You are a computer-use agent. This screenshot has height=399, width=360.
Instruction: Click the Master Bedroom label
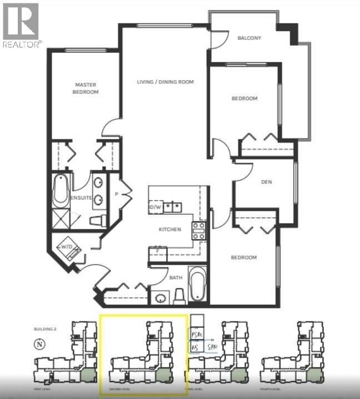(86, 88)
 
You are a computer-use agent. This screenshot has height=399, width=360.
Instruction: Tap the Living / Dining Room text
(165, 82)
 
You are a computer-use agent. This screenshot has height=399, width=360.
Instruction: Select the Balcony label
(249, 38)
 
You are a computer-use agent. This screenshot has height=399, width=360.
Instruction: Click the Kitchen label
(169, 229)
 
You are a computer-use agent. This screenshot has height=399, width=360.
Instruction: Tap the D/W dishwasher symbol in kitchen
(156, 207)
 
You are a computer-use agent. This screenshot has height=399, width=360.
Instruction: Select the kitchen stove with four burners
(199, 230)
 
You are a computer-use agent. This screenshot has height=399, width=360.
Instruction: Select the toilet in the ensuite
(98, 221)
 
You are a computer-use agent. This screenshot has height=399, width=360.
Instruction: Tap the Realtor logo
(21, 25)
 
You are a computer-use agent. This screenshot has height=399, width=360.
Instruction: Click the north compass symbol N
(39, 343)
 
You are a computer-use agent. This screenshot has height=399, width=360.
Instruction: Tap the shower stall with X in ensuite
(61, 218)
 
